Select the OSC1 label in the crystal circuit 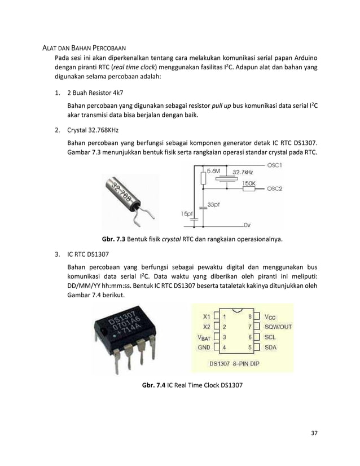(275, 165)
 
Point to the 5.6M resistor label (214, 170)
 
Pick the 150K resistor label (249, 183)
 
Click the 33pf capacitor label (214, 205)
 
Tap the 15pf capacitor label (187, 213)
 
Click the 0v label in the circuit (247, 223)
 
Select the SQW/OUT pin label (278, 327)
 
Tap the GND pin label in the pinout (203, 348)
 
